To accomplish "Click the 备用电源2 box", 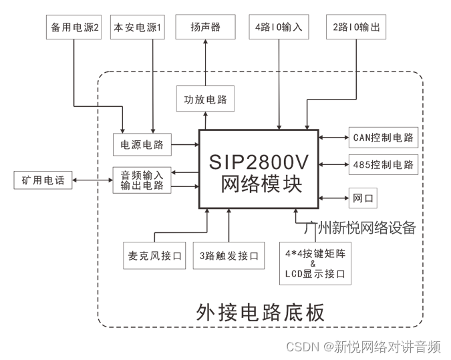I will coord(75,28).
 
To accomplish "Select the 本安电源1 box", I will coord(138,28).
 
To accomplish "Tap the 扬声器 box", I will coord(205,28).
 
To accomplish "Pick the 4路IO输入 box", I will coord(279,28).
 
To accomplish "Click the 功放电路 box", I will coord(205,100).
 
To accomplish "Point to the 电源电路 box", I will coord(142,144).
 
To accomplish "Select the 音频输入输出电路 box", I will coord(142,180).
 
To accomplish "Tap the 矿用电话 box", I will coord(43,180).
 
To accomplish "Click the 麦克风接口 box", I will coord(154,256).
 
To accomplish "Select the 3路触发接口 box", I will coord(229,256).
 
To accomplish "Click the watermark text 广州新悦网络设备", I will coord(359,228).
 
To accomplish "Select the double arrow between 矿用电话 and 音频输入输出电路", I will coord(92,180).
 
